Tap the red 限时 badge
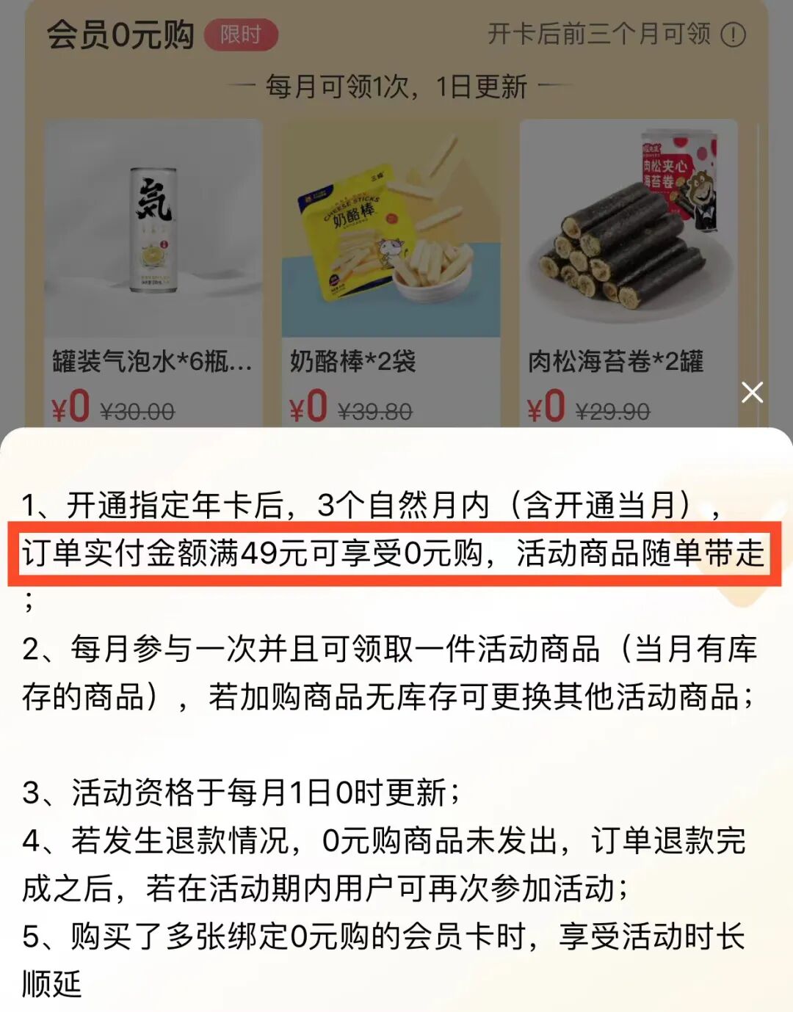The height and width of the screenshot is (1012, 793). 241,34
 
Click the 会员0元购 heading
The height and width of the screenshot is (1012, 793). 120,34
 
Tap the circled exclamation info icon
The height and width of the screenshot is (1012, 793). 733,34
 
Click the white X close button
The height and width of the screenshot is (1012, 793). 752,393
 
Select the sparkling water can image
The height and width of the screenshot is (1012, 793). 153,230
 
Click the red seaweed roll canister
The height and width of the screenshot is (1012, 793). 679,176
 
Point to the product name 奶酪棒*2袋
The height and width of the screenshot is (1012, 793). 352,361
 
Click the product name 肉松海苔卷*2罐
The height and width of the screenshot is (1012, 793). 615,361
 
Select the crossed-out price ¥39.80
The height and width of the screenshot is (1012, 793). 374,412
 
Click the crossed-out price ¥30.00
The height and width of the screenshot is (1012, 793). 137,412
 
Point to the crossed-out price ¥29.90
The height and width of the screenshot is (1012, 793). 613,412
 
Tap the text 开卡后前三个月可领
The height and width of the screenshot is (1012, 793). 599,34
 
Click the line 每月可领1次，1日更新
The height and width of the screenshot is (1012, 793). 396,87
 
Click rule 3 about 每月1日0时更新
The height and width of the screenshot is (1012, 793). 242,793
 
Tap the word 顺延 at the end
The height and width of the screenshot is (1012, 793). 51,984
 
